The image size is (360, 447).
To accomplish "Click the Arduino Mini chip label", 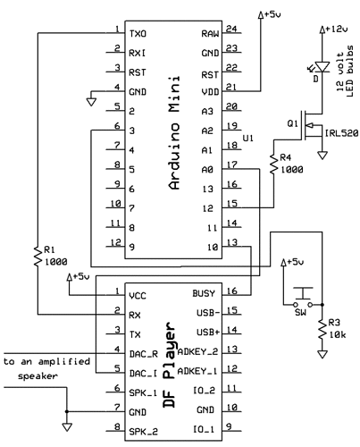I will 175,134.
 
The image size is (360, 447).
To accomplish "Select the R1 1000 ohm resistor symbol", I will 37,257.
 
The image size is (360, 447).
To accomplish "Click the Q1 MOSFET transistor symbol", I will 311,124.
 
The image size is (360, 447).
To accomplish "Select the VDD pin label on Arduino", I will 209,90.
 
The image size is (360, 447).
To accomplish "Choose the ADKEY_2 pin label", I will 199,350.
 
